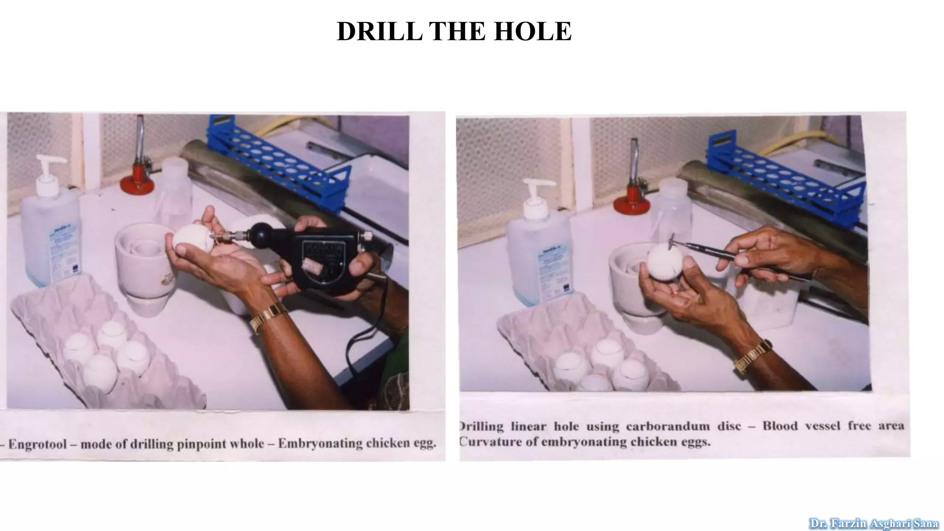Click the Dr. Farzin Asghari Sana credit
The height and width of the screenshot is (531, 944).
tap(873, 524)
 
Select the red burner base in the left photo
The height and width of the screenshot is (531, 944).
tap(137, 183)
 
